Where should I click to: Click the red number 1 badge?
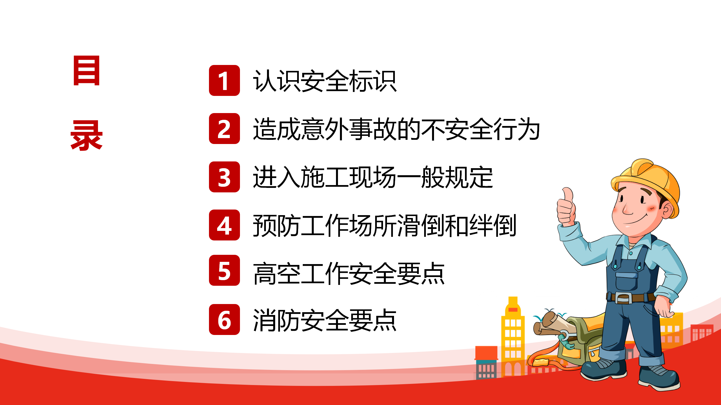(224, 80)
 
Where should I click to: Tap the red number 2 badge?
(224, 129)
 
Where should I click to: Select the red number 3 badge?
(224, 177)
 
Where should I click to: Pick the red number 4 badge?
(224, 225)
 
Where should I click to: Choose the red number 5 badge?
(224, 270)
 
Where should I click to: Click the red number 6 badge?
(224, 319)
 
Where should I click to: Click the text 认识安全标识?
(325, 81)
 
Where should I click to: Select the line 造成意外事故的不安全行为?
(396, 129)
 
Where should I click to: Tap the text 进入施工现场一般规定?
(373, 177)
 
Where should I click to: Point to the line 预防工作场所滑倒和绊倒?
(384, 225)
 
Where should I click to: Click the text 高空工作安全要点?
(349, 273)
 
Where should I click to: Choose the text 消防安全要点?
(325, 320)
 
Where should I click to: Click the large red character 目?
(86, 70)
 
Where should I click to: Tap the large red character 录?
(86, 136)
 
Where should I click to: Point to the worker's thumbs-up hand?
(566, 207)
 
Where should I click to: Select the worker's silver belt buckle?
(623, 298)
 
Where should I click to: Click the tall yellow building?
(513, 336)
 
